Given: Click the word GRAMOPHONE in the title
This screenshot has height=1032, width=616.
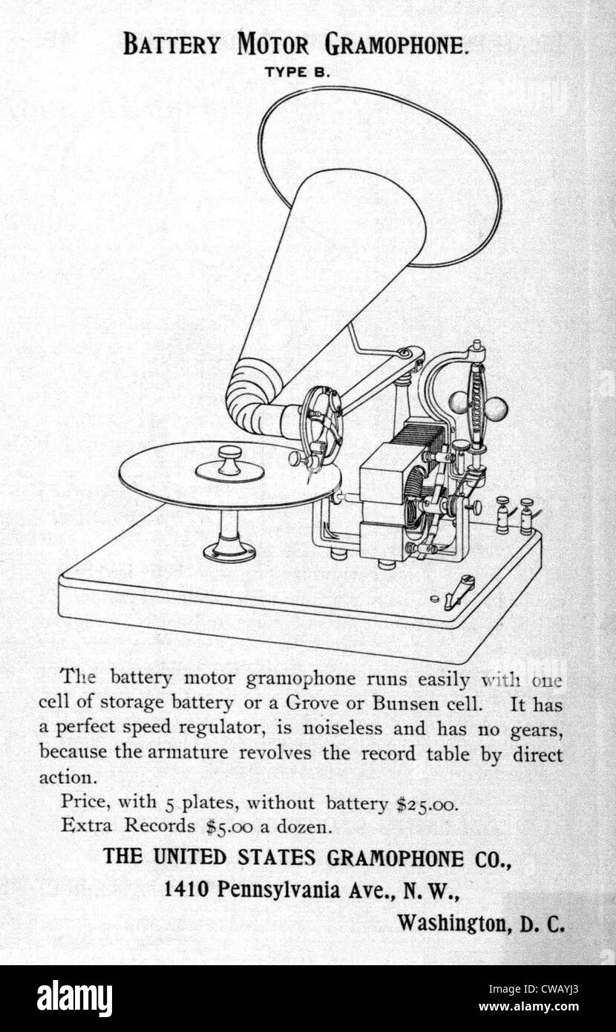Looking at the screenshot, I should tap(396, 46).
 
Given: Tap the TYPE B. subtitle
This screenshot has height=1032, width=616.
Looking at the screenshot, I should tap(297, 73).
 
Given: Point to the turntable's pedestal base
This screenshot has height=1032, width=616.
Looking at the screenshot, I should tap(229, 550).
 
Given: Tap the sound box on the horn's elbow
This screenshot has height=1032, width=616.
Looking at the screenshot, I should tap(322, 424).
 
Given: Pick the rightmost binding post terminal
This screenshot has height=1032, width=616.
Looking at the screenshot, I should tap(527, 515).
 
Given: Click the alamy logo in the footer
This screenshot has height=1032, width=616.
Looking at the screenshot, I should tap(74, 999).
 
